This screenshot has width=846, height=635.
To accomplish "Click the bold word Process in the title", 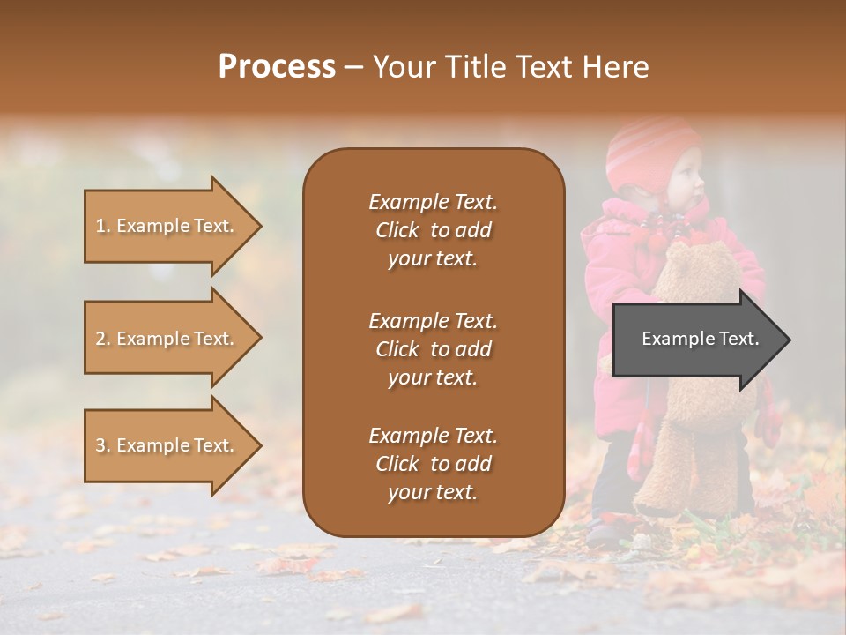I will point(277,67).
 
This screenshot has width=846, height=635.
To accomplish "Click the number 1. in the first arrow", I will point(103,226).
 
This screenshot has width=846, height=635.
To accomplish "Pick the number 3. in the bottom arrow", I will point(103,445).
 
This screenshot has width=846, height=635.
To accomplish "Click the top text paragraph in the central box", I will point(433,230).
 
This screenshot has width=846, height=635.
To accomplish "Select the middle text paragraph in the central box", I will point(433,349).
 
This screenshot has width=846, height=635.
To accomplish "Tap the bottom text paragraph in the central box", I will point(433,464).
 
